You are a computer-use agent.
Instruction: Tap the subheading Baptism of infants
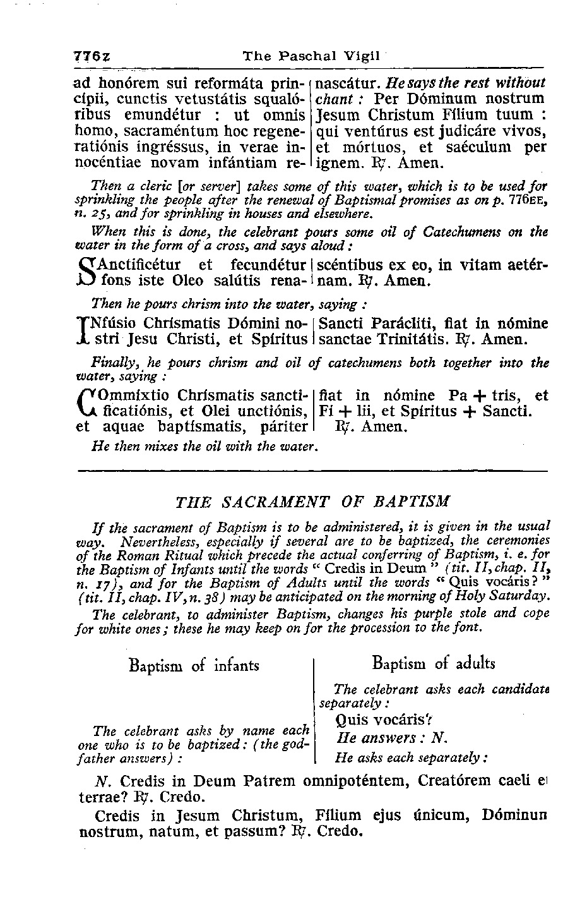click(194, 665)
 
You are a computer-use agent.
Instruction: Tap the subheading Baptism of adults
click(434, 663)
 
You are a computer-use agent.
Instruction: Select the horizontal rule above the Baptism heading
click(312, 471)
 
